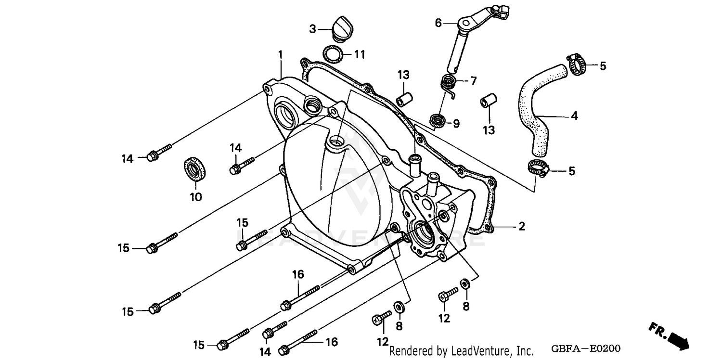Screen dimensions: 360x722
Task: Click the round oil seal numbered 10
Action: click(195, 168)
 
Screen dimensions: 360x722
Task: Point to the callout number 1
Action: click(280, 54)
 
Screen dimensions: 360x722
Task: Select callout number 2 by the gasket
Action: click(521, 226)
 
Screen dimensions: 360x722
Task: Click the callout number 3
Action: click(313, 29)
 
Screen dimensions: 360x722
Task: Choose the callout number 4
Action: click(574, 116)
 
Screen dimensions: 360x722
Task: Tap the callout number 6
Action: click(438, 23)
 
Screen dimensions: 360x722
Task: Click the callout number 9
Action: click(456, 124)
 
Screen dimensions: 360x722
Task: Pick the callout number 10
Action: click(195, 197)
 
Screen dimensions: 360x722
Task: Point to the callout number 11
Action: click(360, 54)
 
